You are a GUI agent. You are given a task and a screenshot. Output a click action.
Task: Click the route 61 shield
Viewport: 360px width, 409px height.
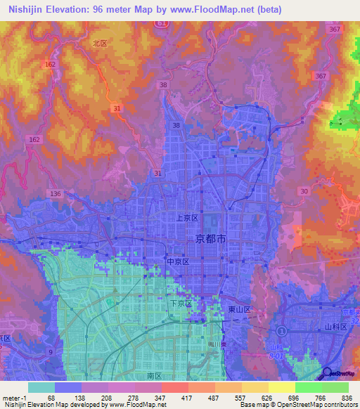162,24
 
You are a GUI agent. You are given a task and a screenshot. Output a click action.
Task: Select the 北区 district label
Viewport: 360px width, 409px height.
99,43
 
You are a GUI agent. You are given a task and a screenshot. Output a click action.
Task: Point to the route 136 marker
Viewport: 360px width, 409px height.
56,193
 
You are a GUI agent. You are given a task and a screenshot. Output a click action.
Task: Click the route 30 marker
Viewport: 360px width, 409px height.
303,190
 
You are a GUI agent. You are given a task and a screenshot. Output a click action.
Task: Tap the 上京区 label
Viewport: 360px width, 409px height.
187,219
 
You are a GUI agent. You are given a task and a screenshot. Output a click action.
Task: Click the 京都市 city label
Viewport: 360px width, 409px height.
210,240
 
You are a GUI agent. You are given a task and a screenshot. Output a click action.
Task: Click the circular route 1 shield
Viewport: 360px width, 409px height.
282,330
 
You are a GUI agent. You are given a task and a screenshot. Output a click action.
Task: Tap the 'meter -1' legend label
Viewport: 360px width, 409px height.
14,396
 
